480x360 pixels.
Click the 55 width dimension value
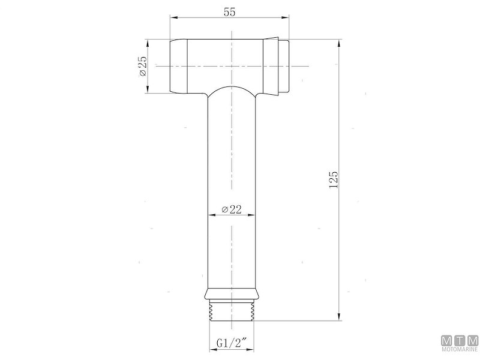[x=230, y=12]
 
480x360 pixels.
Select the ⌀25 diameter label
[x=142, y=67]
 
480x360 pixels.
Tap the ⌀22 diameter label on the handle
[x=231, y=209]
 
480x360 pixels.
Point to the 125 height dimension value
[x=334, y=179]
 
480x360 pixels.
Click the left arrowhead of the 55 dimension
[x=174, y=19]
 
